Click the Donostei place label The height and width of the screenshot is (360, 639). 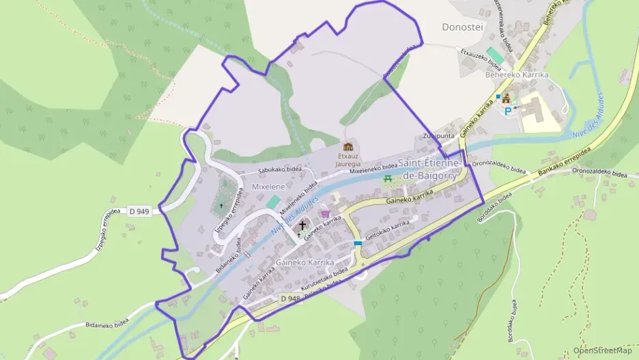point(464,27)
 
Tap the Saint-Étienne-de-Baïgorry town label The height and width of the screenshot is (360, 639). point(429,169)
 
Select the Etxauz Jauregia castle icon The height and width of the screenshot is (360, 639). point(348,147)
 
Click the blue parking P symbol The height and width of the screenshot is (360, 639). point(507,110)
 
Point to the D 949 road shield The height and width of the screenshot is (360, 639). point(139,211)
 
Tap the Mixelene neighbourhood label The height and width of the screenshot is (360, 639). point(268,186)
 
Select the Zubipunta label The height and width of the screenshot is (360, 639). point(438,136)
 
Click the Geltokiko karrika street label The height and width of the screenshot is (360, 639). point(388,229)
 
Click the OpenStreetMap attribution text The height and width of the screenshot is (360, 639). point(602,350)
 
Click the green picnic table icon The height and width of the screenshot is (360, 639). point(388,178)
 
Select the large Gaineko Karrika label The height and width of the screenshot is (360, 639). point(304,262)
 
